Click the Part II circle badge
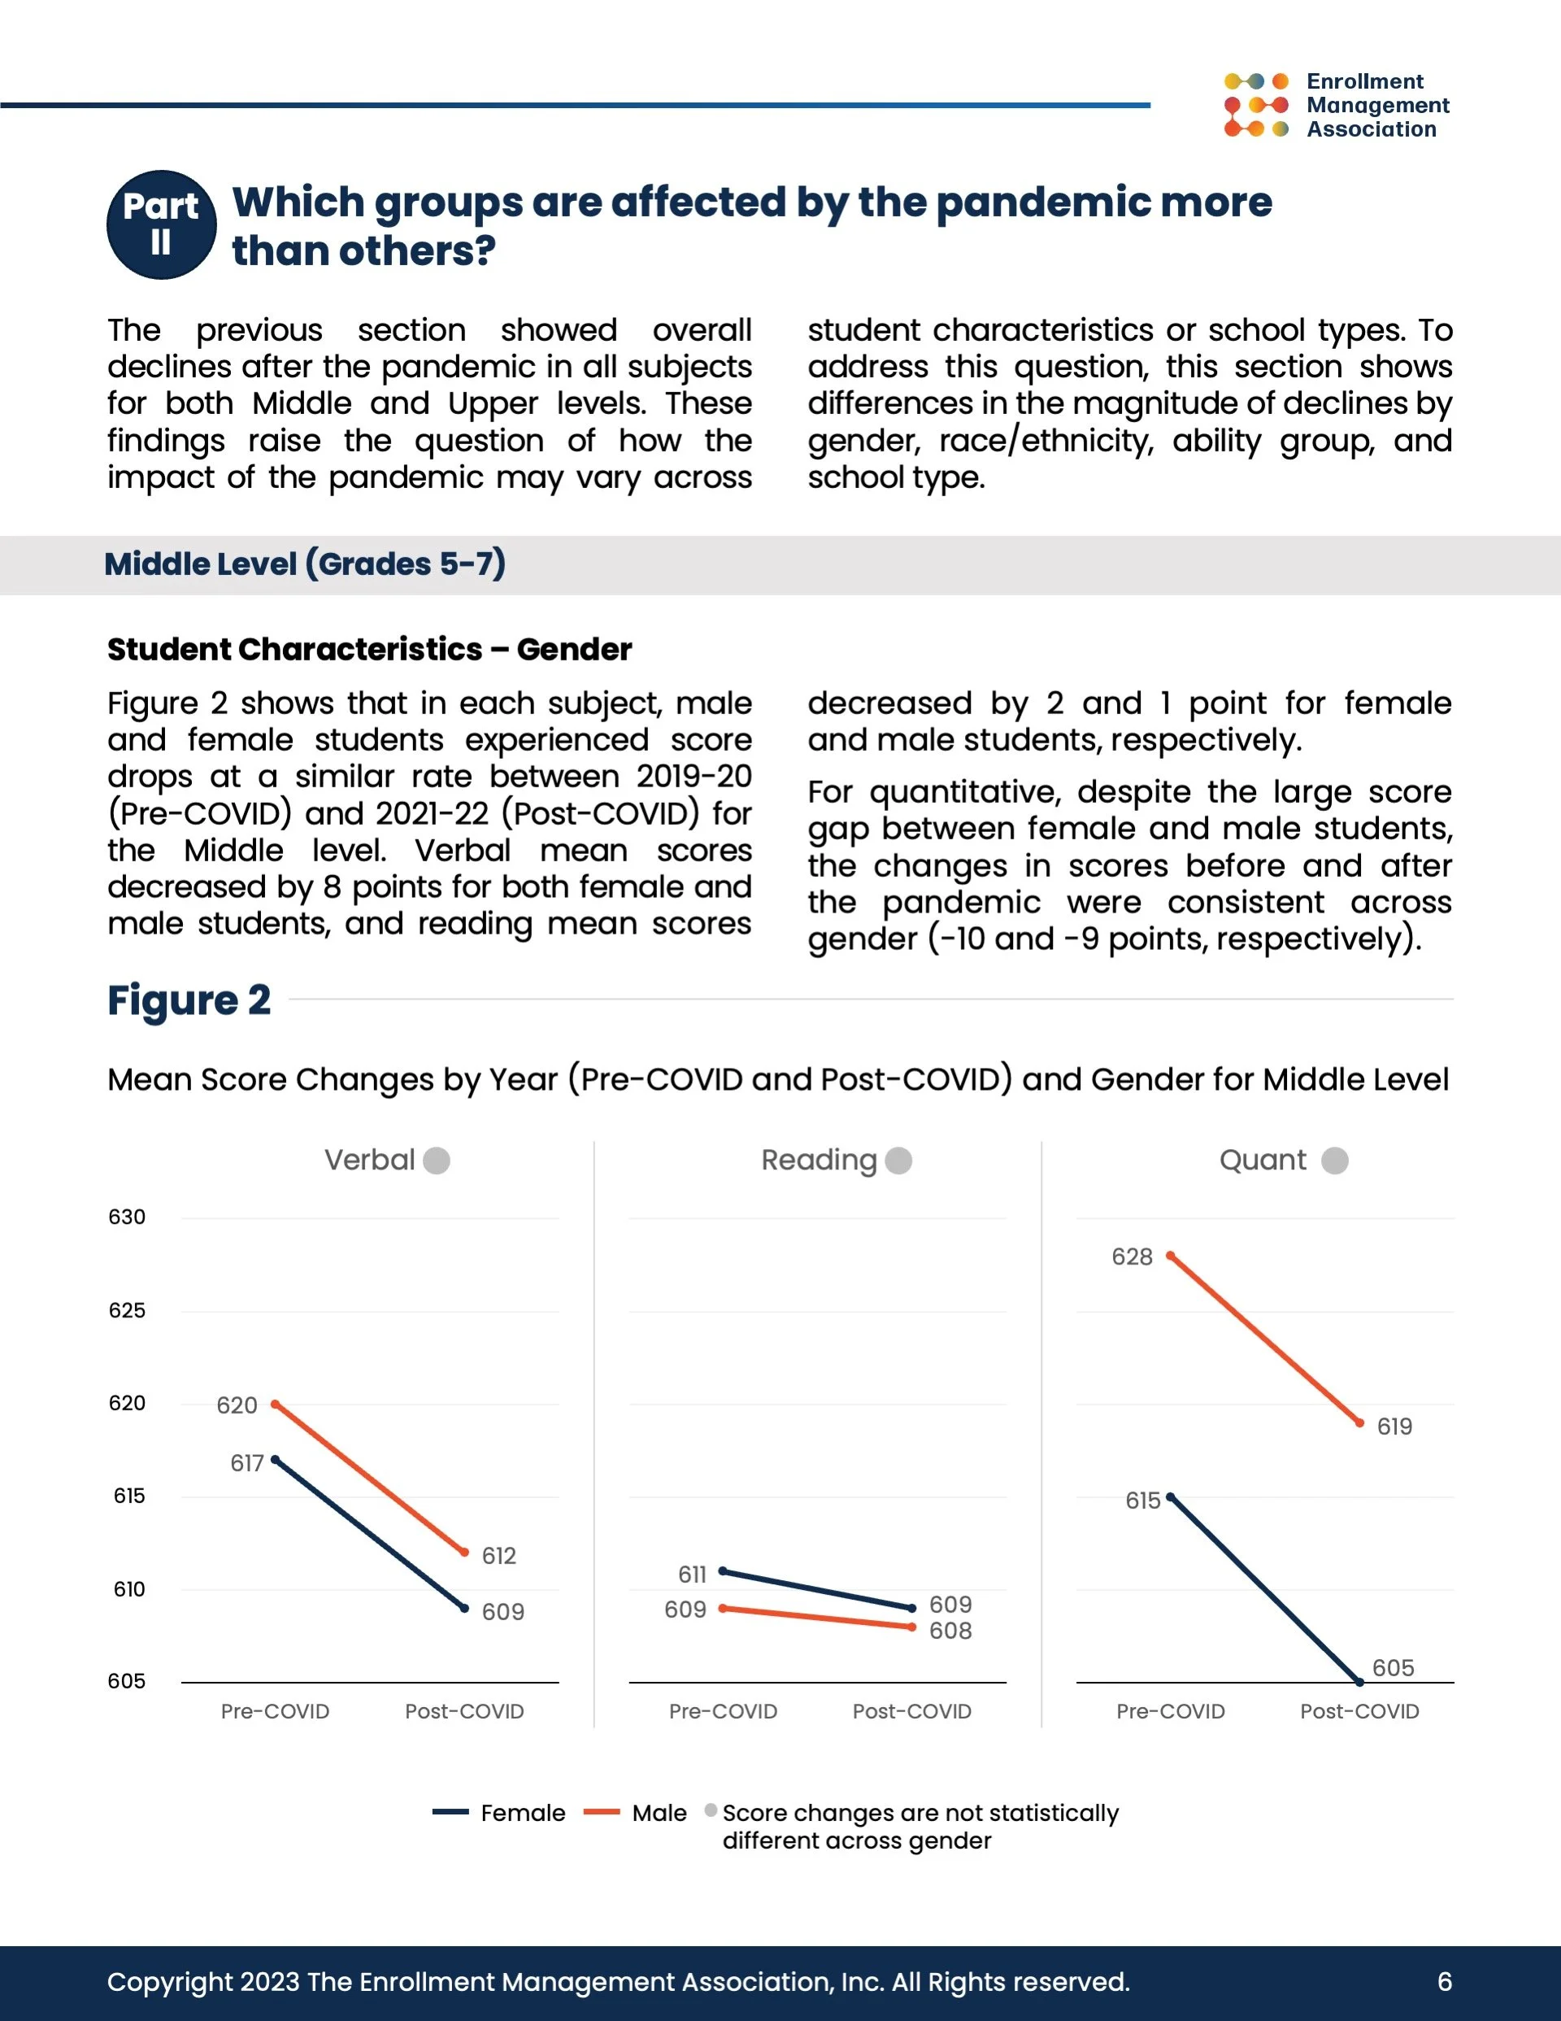coord(162,224)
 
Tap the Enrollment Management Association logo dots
coord(1255,106)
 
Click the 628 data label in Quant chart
coord(1132,1257)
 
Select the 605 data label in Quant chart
coord(1393,1667)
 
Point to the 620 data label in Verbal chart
coord(237,1405)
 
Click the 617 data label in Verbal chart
coord(247,1463)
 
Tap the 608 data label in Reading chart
coord(950,1631)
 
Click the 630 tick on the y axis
coord(127,1217)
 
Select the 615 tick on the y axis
coord(128,1496)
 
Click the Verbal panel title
coord(369,1160)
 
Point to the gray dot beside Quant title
coord(1334,1161)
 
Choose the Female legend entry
coord(500,1813)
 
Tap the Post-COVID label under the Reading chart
coord(911,1711)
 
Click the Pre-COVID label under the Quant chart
coord(1171,1711)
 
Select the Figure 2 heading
coord(189,1000)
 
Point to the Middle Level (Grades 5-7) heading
coord(304,564)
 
